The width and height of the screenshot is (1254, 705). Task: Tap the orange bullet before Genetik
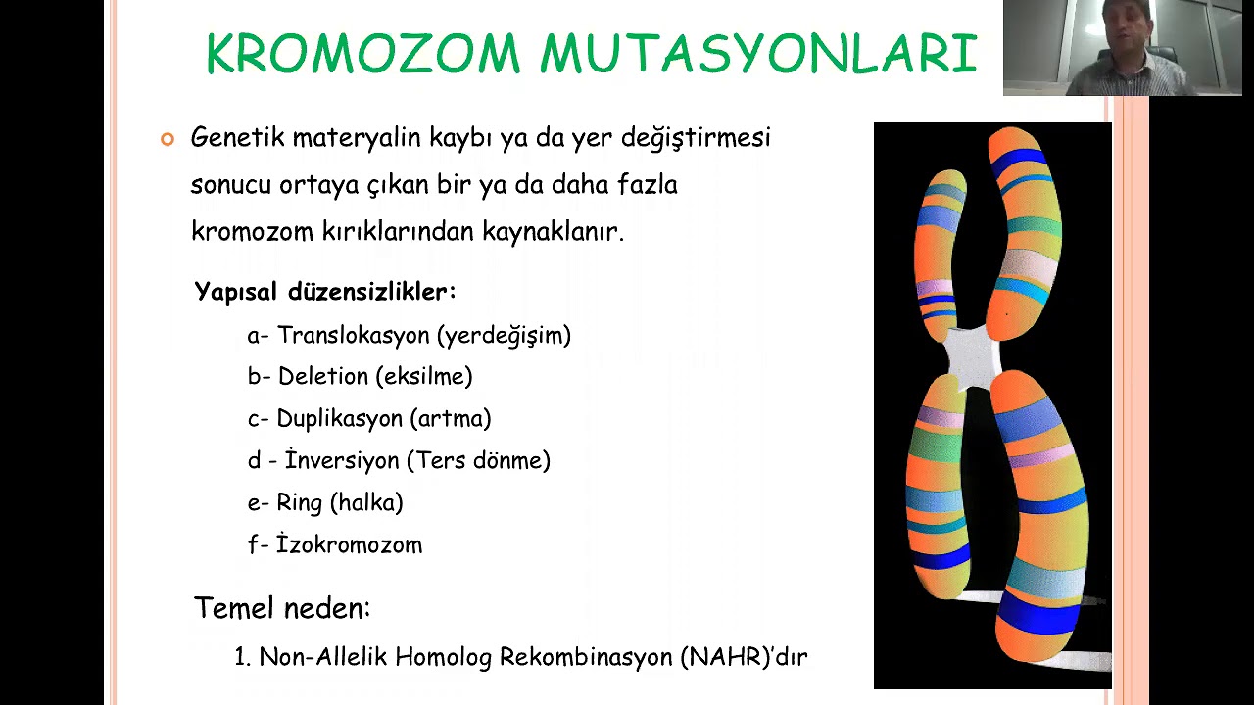pos(167,139)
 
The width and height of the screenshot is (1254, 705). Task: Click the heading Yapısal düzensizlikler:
pos(325,292)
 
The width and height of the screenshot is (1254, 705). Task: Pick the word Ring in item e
pos(300,502)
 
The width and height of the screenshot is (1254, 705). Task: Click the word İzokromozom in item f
pos(349,544)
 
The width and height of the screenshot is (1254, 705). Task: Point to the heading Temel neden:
pos(282,608)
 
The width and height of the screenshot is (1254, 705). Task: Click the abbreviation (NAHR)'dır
pos(744,657)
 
